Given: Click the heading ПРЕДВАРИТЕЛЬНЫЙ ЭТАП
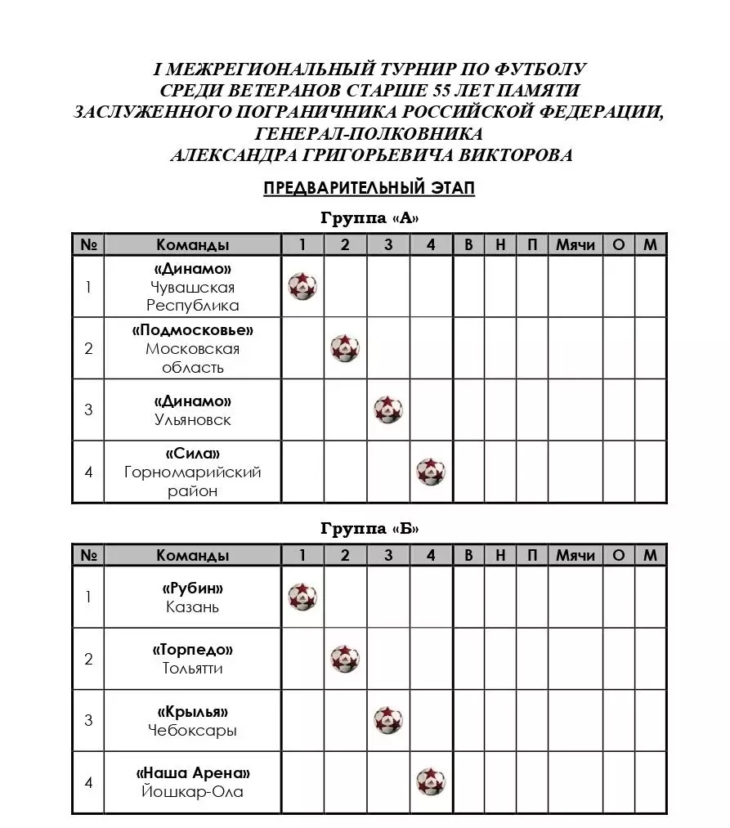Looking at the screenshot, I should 369,188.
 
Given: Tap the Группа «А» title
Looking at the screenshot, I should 369,218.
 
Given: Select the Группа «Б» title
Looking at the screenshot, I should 369,529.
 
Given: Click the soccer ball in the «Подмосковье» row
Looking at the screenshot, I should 345,348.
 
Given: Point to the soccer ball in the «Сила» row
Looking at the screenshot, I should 431,472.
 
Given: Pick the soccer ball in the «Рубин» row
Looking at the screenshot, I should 302,597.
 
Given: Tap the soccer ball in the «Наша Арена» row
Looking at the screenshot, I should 431,782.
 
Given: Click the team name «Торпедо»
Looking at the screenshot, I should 193,650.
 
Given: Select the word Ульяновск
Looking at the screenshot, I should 193,420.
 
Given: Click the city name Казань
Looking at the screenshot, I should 193,607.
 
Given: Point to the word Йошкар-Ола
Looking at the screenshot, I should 193,791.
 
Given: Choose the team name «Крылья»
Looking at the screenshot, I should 193,712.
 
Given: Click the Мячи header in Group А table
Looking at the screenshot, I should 575,244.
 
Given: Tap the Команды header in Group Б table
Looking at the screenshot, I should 193,555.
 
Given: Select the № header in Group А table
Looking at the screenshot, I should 88,244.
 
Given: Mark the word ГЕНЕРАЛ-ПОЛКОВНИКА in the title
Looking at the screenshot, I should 369,133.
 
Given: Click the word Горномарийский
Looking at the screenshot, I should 193,472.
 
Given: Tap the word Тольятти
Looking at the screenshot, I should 193,669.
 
